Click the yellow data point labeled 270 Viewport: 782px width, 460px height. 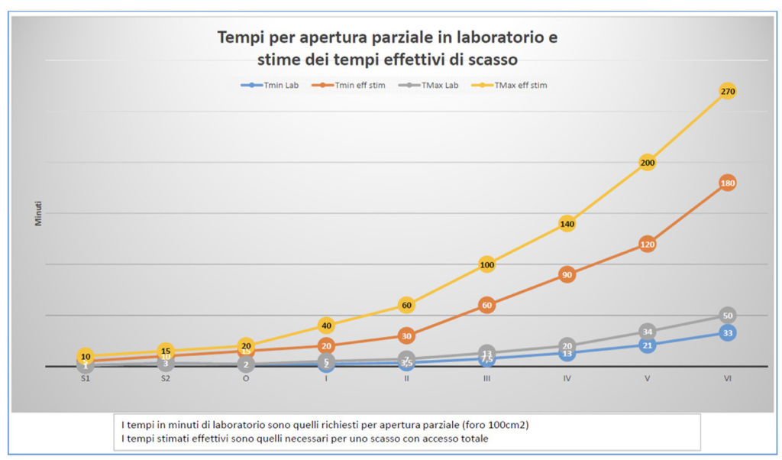pyautogui.click(x=727, y=92)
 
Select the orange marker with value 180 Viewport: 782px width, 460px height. pyautogui.click(x=727, y=183)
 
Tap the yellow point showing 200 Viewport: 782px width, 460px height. pyautogui.click(x=647, y=163)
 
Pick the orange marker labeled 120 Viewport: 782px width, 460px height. pyautogui.click(x=647, y=245)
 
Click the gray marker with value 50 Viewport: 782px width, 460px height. pyautogui.click(x=727, y=316)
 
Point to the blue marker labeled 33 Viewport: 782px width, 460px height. pyautogui.click(x=727, y=333)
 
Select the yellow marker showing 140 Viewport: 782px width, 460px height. pyautogui.click(x=567, y=224)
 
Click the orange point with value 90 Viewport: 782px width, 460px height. pyautogui.click(x=567, y=274)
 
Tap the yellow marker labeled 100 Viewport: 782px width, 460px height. pyautogui.click(x=486, y=264)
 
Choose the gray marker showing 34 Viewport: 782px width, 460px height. pyautogui.click(x=647, y=332)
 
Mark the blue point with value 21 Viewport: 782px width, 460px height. pyautogui.click(x=647, y=345)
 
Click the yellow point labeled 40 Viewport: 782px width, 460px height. pyautogui.click(x=326, y=326)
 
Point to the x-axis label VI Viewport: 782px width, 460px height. pyautogui.click(x=727, y=379)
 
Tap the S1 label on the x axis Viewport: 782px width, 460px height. pyautogui.click(x=86, y=379)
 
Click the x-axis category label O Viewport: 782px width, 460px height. pyautogui.click(x=246, y=379)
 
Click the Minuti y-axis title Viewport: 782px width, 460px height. pyautogui.click(x=38, y=213)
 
